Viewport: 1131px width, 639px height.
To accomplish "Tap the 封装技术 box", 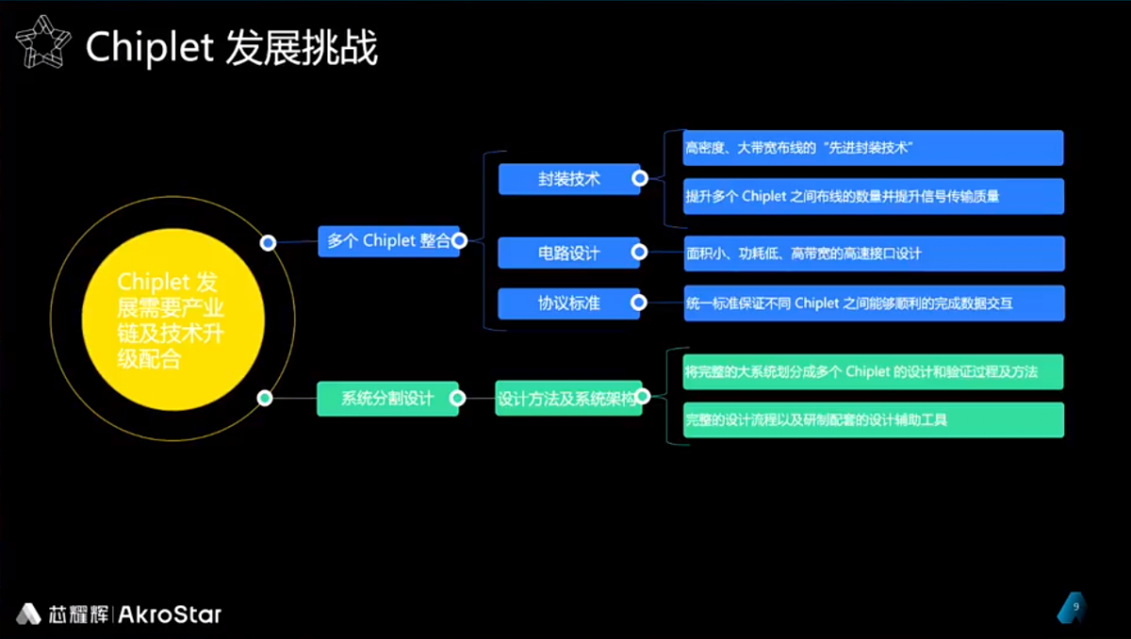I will (568, 178).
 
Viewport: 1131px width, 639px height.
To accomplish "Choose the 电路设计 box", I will (568, 253).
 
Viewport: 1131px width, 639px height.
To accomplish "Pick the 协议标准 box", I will (568, 303).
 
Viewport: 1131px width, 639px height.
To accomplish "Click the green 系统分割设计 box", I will (387, 399).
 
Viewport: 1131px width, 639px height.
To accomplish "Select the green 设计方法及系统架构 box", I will (567, 398).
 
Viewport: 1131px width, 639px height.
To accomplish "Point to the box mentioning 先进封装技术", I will (873, 148).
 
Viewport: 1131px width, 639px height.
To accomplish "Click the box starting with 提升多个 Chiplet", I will (873, 196).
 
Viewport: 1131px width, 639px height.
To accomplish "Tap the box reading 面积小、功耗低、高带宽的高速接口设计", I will (873, 254).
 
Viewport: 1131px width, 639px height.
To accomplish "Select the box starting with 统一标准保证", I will (873, 303).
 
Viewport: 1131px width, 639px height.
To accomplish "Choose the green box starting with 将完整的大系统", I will (873, 371).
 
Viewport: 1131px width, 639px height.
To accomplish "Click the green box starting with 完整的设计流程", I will (873, 419).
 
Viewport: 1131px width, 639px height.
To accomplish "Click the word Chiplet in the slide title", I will (150, 47).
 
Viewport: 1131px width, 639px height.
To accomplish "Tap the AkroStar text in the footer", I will (171, 615).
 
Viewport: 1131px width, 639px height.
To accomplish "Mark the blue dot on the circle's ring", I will (268, 243).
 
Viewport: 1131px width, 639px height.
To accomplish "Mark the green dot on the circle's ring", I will (266, 398).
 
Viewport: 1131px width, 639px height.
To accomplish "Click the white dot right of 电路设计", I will (639, 253).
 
